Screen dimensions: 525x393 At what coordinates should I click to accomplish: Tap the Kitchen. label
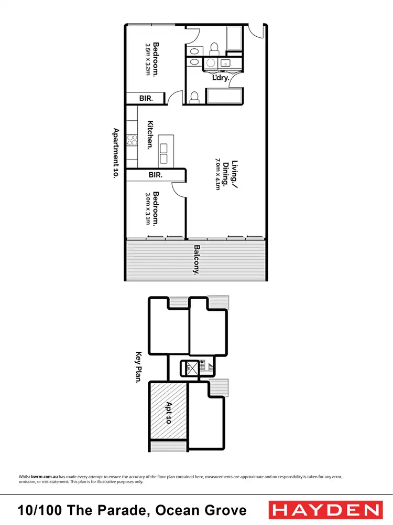click(150, 135)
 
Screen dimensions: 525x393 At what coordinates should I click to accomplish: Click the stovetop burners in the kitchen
click(132, 141)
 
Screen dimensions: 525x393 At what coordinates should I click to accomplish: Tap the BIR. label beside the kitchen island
click(155, 174)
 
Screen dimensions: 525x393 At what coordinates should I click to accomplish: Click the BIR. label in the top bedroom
click(145, 98)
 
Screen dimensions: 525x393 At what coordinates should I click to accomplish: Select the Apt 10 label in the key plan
click(169, 413)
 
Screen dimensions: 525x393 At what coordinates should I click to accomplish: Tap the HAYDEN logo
click(324, 510)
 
